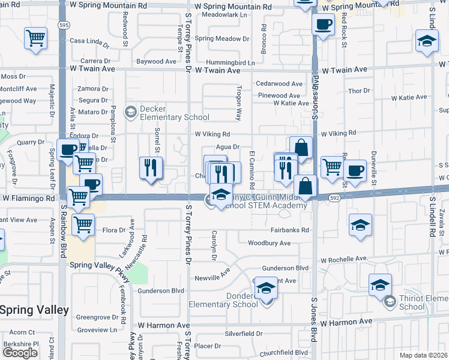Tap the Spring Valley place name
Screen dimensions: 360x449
click(34, 310)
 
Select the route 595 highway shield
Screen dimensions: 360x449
click(63, 25)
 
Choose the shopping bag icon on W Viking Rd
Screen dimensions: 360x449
click(301, 147)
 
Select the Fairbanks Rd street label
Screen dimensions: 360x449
click(289, 230)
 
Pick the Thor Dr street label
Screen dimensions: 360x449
click(359, 91)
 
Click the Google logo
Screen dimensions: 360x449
click(20, 352)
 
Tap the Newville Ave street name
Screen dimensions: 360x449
click(212, 278)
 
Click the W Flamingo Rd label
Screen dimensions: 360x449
click(29, 197)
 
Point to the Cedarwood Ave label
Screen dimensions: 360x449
click(279, 84)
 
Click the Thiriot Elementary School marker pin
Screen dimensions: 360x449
click(390, 301)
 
